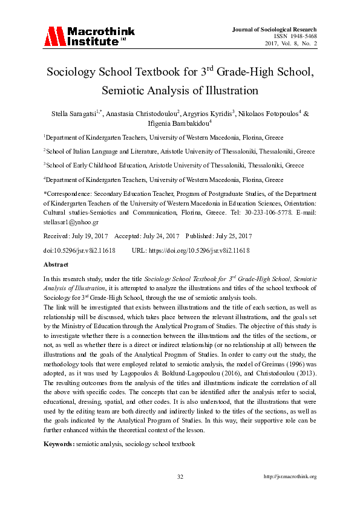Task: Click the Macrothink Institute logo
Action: (84, 37)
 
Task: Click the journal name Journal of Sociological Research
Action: (274, 29)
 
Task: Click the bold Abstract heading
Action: (56, 265)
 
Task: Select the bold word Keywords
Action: (58, 445)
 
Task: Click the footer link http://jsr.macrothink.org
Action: (290, 476)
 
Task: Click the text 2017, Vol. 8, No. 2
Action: (290, 44)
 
